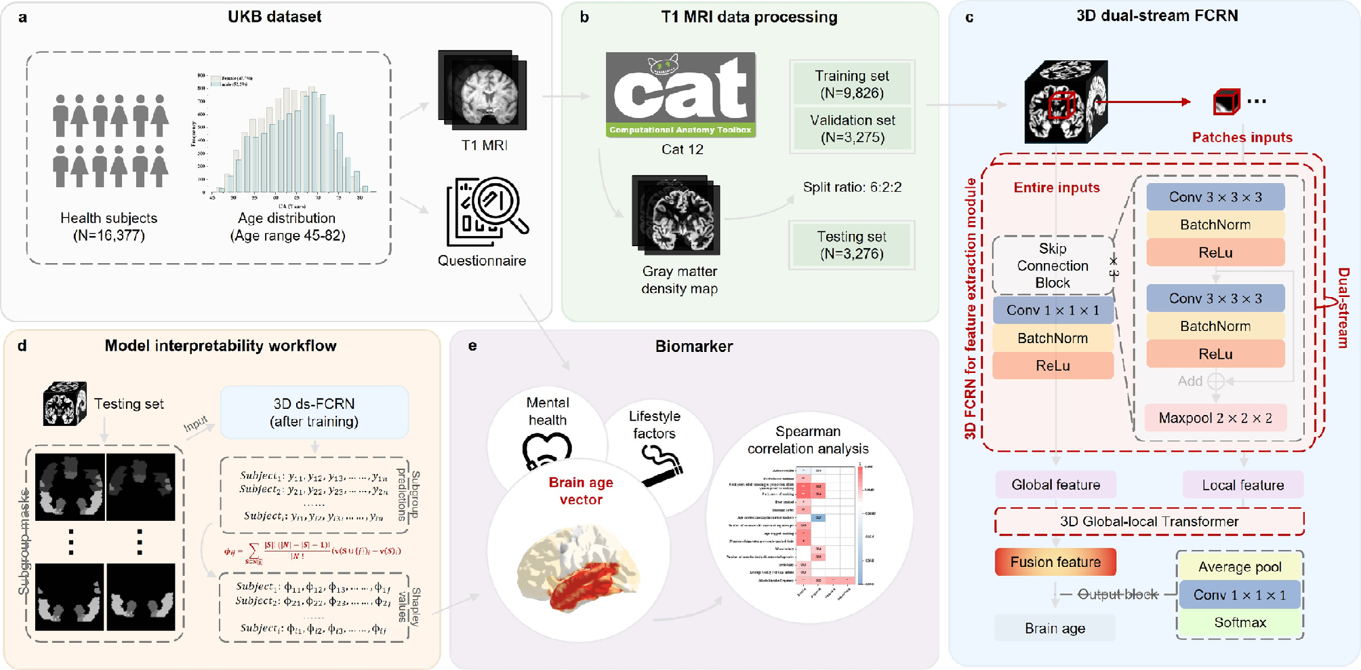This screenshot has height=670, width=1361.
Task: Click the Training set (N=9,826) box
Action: [x=852, y=85]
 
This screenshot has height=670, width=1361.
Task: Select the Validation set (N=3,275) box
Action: [x=852, y=129]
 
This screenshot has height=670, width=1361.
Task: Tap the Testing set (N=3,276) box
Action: [x=852, y=245]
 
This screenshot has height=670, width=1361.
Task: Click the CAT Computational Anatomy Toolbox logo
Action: [x=680, y=95]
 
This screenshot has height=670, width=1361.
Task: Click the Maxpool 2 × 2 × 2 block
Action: [x=1215, y=418]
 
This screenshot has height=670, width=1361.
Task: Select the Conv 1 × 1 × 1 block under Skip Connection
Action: [x=1053, y=310]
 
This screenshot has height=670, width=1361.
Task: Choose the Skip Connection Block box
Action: [x=1053, y=265]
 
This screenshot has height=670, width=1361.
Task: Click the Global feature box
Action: [x=1055, y=485]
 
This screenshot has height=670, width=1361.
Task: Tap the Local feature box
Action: [x=1242, y=485]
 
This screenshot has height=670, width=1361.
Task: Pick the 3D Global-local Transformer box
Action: [x=1149, y=521]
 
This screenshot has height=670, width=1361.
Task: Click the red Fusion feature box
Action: [x=1055, y=562]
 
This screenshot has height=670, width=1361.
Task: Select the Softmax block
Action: [x=1240, y=623]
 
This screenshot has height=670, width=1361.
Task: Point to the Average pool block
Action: [x=1240, y=567]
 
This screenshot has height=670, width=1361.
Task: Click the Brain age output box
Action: [x=1055, y=628]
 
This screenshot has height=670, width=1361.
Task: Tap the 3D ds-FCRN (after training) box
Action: [x=314, y=412]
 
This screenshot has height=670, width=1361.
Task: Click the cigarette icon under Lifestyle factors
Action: [x=661, y=465]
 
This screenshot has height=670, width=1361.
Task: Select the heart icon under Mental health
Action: [x=546, y=450]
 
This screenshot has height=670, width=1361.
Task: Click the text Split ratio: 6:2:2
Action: [x=852, y=187]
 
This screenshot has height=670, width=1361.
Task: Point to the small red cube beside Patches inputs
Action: [x=1226, y=102]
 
